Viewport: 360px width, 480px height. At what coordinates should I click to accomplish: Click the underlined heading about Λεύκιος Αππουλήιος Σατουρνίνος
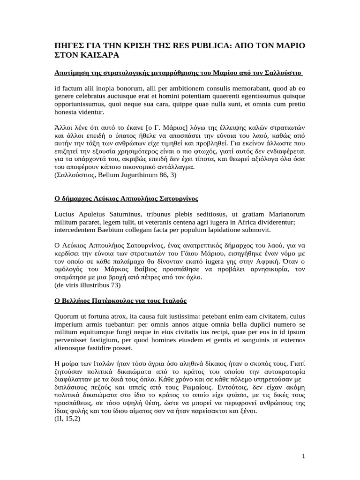(x=126, y=199)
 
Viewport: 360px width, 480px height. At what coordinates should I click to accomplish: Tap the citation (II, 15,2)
(x=67, y=419)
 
